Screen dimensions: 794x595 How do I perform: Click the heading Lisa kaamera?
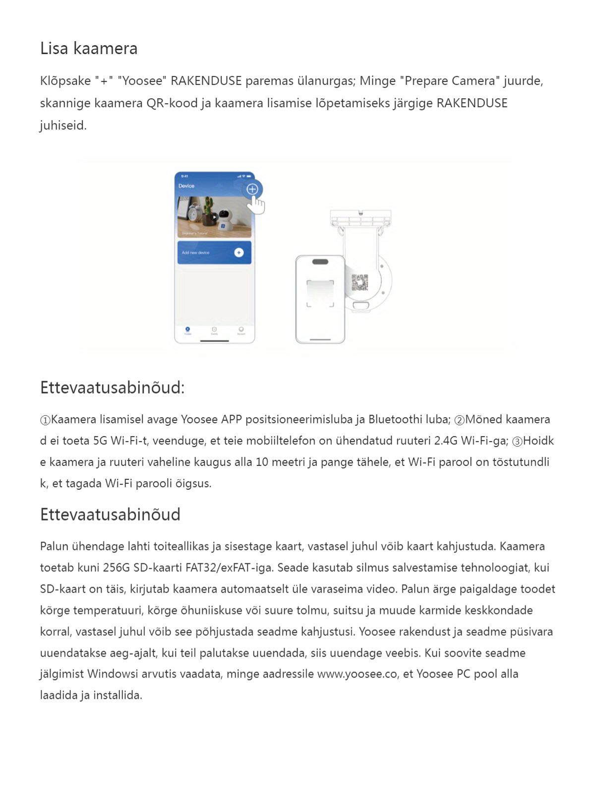pyautogui.click(x=89, y=49)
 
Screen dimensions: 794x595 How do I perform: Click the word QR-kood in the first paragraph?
pyautogui.click(x=172, y=103)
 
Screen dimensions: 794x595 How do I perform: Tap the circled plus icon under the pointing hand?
pyautogui.click(x=252, y=189)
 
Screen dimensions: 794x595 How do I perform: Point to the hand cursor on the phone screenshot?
pyautogui.click(x=256, y=204)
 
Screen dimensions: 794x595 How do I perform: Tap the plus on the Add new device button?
pyautogui.click(x=239, y=253)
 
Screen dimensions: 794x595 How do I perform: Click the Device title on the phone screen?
pyautogui.click(x=186, y=186)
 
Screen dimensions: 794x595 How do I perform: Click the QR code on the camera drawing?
pyautogui.click(x=360, y=282)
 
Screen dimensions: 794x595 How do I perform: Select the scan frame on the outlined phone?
pyautogui.click(x=320, y=294)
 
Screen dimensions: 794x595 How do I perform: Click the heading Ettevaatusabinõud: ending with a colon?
pyautogui.click(x=112, y=388)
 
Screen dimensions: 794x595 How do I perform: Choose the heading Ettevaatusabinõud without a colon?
pyautogui.click(x=110, y=515)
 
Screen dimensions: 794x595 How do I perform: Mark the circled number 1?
pyautogui.click(x=45, y=420)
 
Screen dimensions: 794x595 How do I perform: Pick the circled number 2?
pyautogui.click(x=459, y=420)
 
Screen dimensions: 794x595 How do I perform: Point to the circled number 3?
pyautogui.click(x=517, y=442)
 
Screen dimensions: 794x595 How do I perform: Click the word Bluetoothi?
pyautogui.click(x=395, y=420)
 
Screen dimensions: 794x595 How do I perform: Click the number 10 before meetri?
pyautogui.click(x=263, y=463)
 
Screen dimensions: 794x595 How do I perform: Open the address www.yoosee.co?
pyautogui.click(x=357, y=674)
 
